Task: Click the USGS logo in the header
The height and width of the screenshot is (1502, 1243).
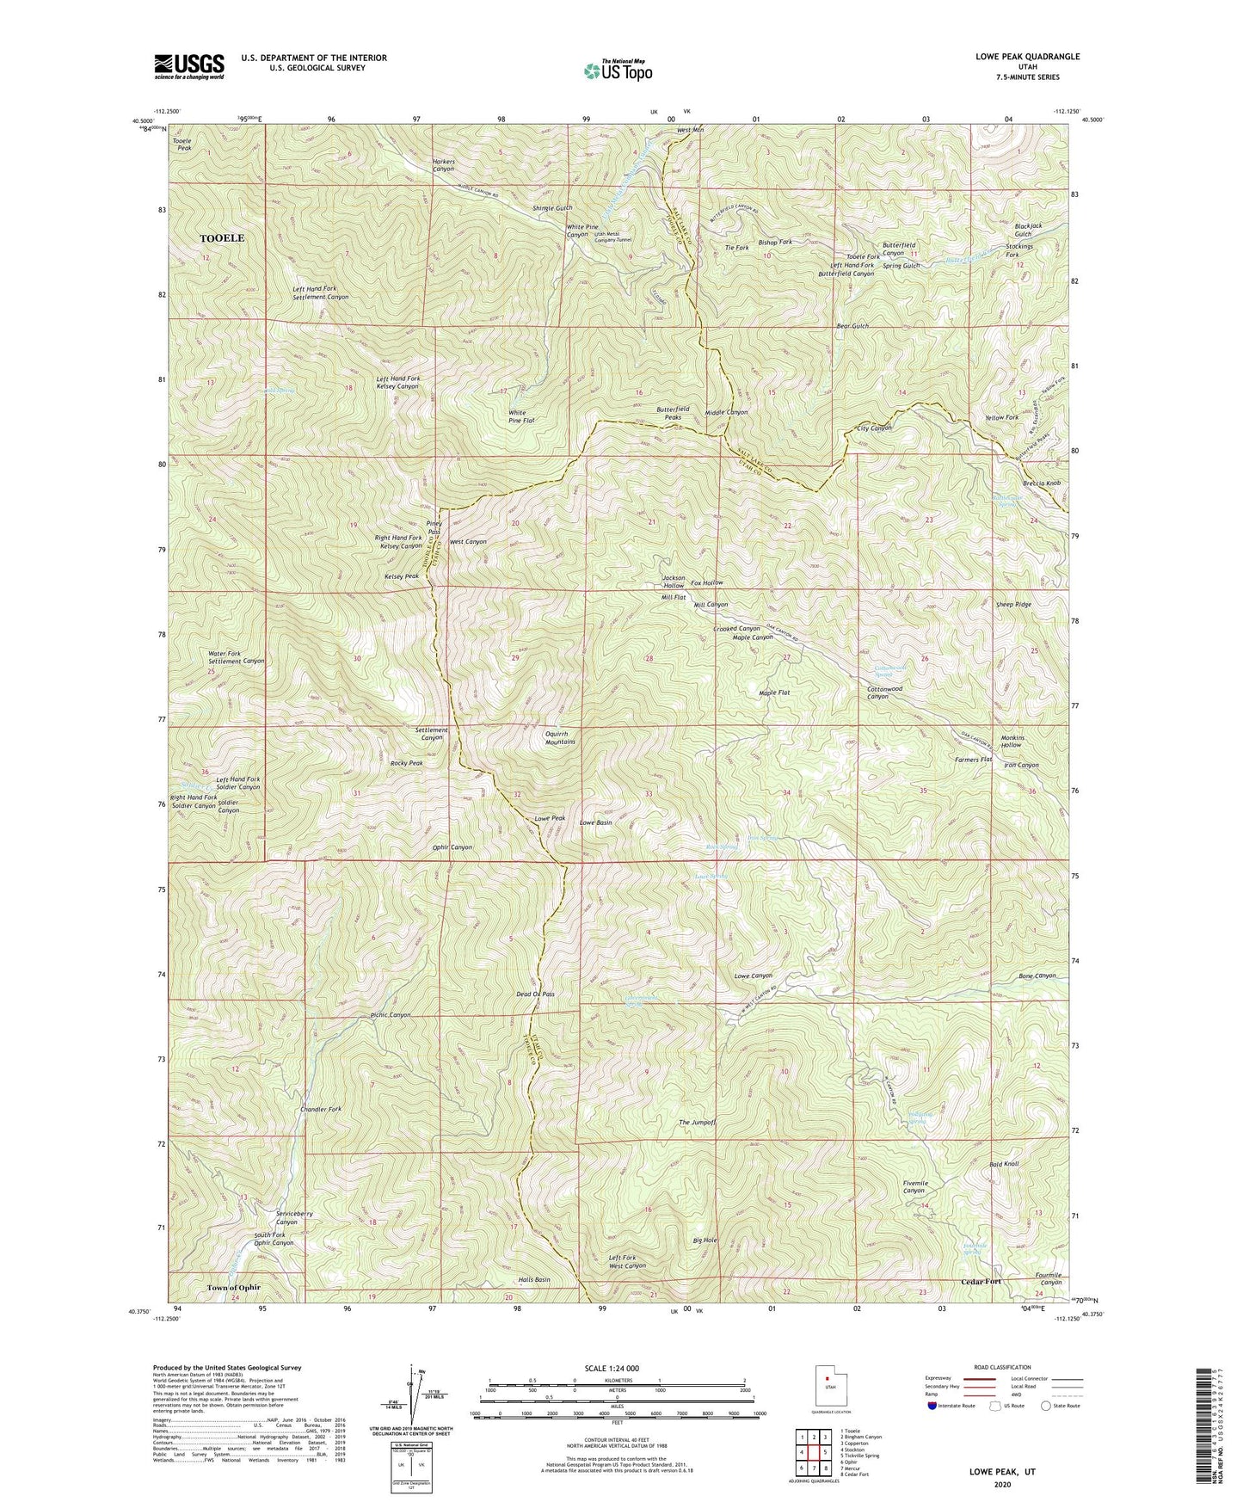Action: tap(189, 65)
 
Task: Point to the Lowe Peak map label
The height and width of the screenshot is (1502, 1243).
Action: tap(550, 818)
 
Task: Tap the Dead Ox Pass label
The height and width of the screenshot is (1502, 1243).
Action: tap(535, 994)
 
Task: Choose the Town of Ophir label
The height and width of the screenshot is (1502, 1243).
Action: tap(233, 1288)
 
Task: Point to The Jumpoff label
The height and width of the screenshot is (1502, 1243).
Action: tap(697, 1123)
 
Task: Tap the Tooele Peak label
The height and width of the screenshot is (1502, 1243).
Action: tap(182, 144)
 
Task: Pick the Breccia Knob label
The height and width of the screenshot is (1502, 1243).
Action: tap(1042, 483)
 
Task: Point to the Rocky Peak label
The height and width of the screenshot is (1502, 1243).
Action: tap(406, 763)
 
